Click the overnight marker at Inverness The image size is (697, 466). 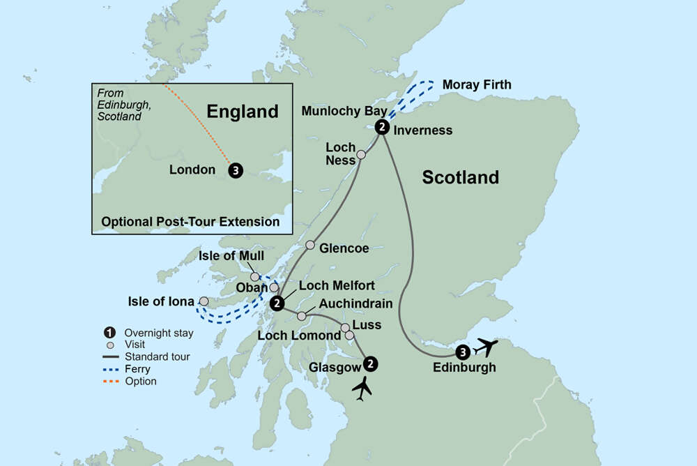pos(382,127)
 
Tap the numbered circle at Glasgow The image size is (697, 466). pos(371,363)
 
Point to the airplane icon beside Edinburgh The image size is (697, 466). pos(485,347)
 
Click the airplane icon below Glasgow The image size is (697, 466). pos(362,389)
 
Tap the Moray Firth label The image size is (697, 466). pos(477,85)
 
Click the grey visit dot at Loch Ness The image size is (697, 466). pos(361,155)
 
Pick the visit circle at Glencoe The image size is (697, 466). pos(311,246)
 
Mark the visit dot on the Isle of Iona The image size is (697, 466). pos(204,301)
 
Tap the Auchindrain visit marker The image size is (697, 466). pos(302,316)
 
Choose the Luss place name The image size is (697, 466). pos(367,325)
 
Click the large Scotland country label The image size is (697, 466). pos(461,177)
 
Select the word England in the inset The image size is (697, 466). pos(243,112)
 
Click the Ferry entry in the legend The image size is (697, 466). pos(137,369)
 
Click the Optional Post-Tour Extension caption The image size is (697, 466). pos(190,222)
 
